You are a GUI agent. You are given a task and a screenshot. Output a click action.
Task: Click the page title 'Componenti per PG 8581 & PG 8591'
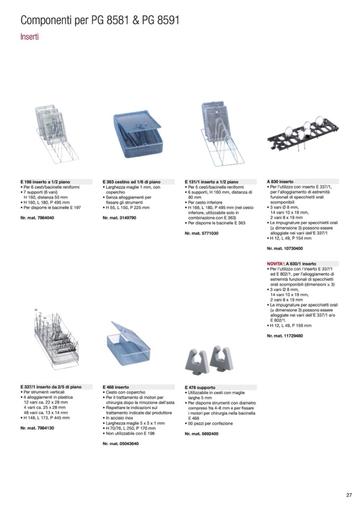pyautogui.click(x=100, y=21)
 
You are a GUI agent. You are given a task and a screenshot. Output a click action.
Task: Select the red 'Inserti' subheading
pyautogui.click(x=29, y=37)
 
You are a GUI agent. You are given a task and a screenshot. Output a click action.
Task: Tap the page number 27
pyautogui.click(x=349, y=495)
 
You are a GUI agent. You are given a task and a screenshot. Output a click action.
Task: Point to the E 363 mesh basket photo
pyautogui.click(x=136, y=134)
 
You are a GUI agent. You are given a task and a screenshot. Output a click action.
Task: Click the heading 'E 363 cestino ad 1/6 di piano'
pyautogui.click(x=132, y=182)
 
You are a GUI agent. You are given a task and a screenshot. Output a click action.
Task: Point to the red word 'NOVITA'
pyautogui.click(x=276, y=264)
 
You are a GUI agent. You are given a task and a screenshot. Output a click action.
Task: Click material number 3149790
pyautogui.click(x=119, y=218)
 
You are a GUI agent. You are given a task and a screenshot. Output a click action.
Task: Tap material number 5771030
pyautogui.click(x=202, y=233)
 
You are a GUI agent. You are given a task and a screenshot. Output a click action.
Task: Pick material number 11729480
pyautogui.click(x=285, y=336)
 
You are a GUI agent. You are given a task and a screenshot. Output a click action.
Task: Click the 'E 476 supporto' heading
pyautogui.click(x=200, y=387)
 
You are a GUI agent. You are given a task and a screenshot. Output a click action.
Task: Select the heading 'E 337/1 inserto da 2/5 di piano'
pyautogui.click(x=51, y=387)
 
